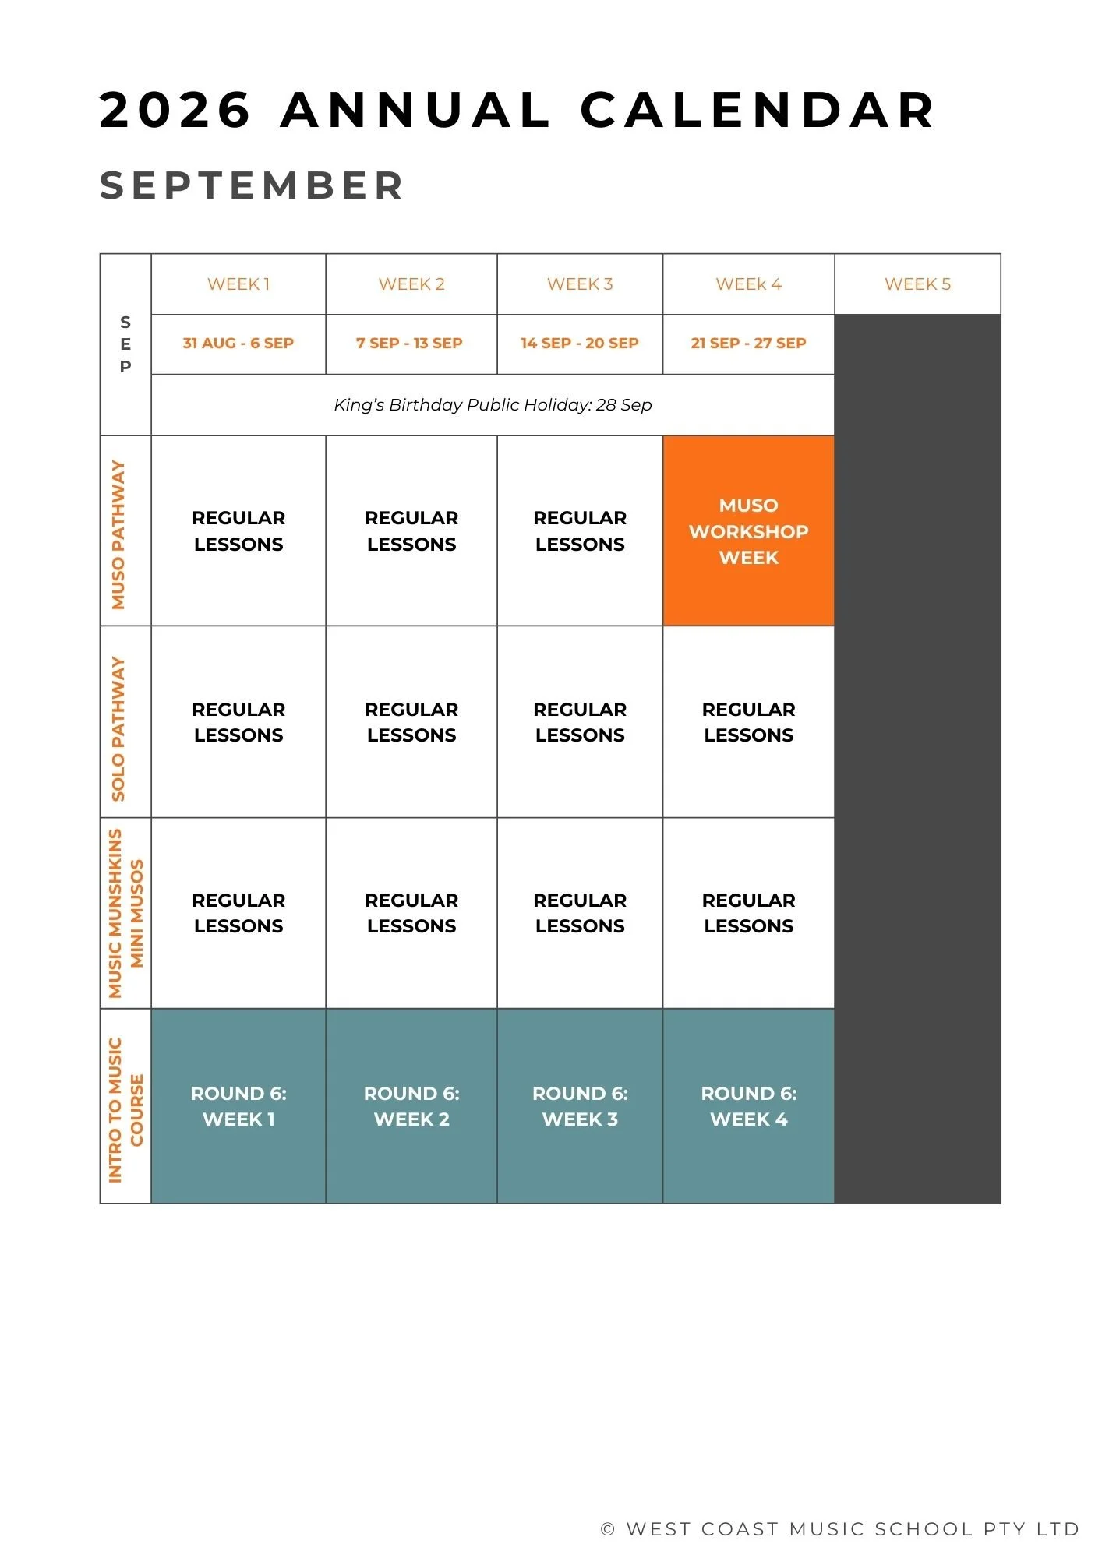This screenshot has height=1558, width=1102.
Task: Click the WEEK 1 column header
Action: (x=238, y=284)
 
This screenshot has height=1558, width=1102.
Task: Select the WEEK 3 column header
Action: (x=580, y=284)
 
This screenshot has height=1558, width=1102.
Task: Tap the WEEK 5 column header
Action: (x=917, y=284)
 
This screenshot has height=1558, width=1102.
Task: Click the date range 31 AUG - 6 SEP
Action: (x=238, y=344)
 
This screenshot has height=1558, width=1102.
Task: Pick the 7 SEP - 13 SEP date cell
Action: (x=410, y=344)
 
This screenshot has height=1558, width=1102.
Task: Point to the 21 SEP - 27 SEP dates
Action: (x=748, y=344)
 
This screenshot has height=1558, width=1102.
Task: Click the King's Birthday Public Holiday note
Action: (x=493, y=405)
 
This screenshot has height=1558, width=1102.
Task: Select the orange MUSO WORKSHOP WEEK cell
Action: (x=748, y=531)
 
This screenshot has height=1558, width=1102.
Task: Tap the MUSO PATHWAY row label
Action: (x=118, y=534)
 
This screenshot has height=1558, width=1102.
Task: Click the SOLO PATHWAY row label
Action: (x=118, y=728)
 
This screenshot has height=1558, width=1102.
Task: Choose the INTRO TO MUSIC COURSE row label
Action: (x=125, y=1109)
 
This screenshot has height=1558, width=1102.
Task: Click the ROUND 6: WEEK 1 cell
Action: (x=238, y=1106)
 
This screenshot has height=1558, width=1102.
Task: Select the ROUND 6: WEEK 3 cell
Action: (x=580, y=1106)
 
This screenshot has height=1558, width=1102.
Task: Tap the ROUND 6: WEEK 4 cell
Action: (x=748, y=1106)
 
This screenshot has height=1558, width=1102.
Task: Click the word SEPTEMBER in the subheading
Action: (x=252, y=185)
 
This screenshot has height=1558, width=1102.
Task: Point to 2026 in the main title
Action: (x=175, y=110)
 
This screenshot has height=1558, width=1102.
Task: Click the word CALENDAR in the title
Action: (x=758, y=110)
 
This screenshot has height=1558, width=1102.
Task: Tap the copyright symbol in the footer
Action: (x=608, y=1529)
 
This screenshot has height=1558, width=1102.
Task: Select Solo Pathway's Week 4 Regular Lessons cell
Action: (x=748, y=722)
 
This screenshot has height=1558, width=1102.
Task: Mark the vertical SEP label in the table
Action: (x=125, y=344)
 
